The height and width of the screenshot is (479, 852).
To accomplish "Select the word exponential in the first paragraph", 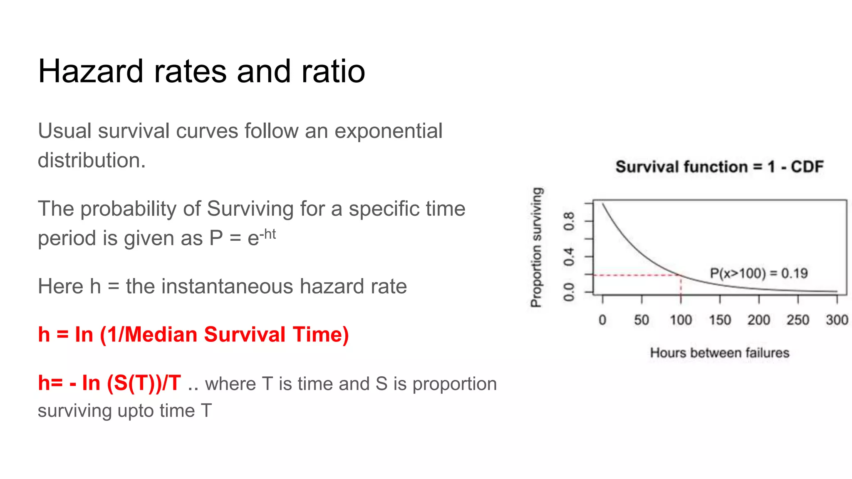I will pos(388,131).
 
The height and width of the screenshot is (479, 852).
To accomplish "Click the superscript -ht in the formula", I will pos(267,235).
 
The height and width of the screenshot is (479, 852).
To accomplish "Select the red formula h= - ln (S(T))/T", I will pos(109,383).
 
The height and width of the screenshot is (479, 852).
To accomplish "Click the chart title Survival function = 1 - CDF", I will pos(719,167).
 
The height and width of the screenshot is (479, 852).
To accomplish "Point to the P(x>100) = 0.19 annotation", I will pos(758,274).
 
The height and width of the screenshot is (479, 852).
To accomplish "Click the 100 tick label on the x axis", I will pos(681,320).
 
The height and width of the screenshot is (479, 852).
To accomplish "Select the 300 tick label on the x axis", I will pos(837,320).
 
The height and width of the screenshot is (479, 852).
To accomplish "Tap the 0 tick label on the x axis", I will pos(602,320).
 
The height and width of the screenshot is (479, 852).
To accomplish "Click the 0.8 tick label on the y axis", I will pos(569,221).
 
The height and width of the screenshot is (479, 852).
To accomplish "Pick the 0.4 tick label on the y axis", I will pos(569,257).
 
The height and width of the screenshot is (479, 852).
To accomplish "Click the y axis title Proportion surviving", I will pos(537,247).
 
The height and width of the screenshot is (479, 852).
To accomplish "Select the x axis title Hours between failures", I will pos(719,353).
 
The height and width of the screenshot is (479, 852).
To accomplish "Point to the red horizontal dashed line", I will pos(637,275).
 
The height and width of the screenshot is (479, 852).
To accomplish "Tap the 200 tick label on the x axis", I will pos(759,320).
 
